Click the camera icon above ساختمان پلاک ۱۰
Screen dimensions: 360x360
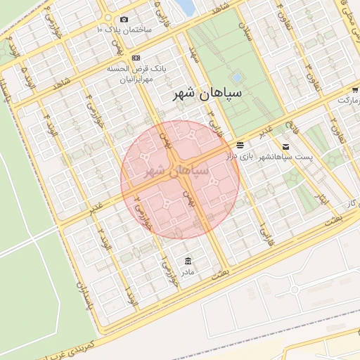124,19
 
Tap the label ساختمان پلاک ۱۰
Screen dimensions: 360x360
124,30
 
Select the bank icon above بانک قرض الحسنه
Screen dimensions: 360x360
136,58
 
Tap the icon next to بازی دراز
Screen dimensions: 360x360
240,145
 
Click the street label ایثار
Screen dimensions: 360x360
323,199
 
